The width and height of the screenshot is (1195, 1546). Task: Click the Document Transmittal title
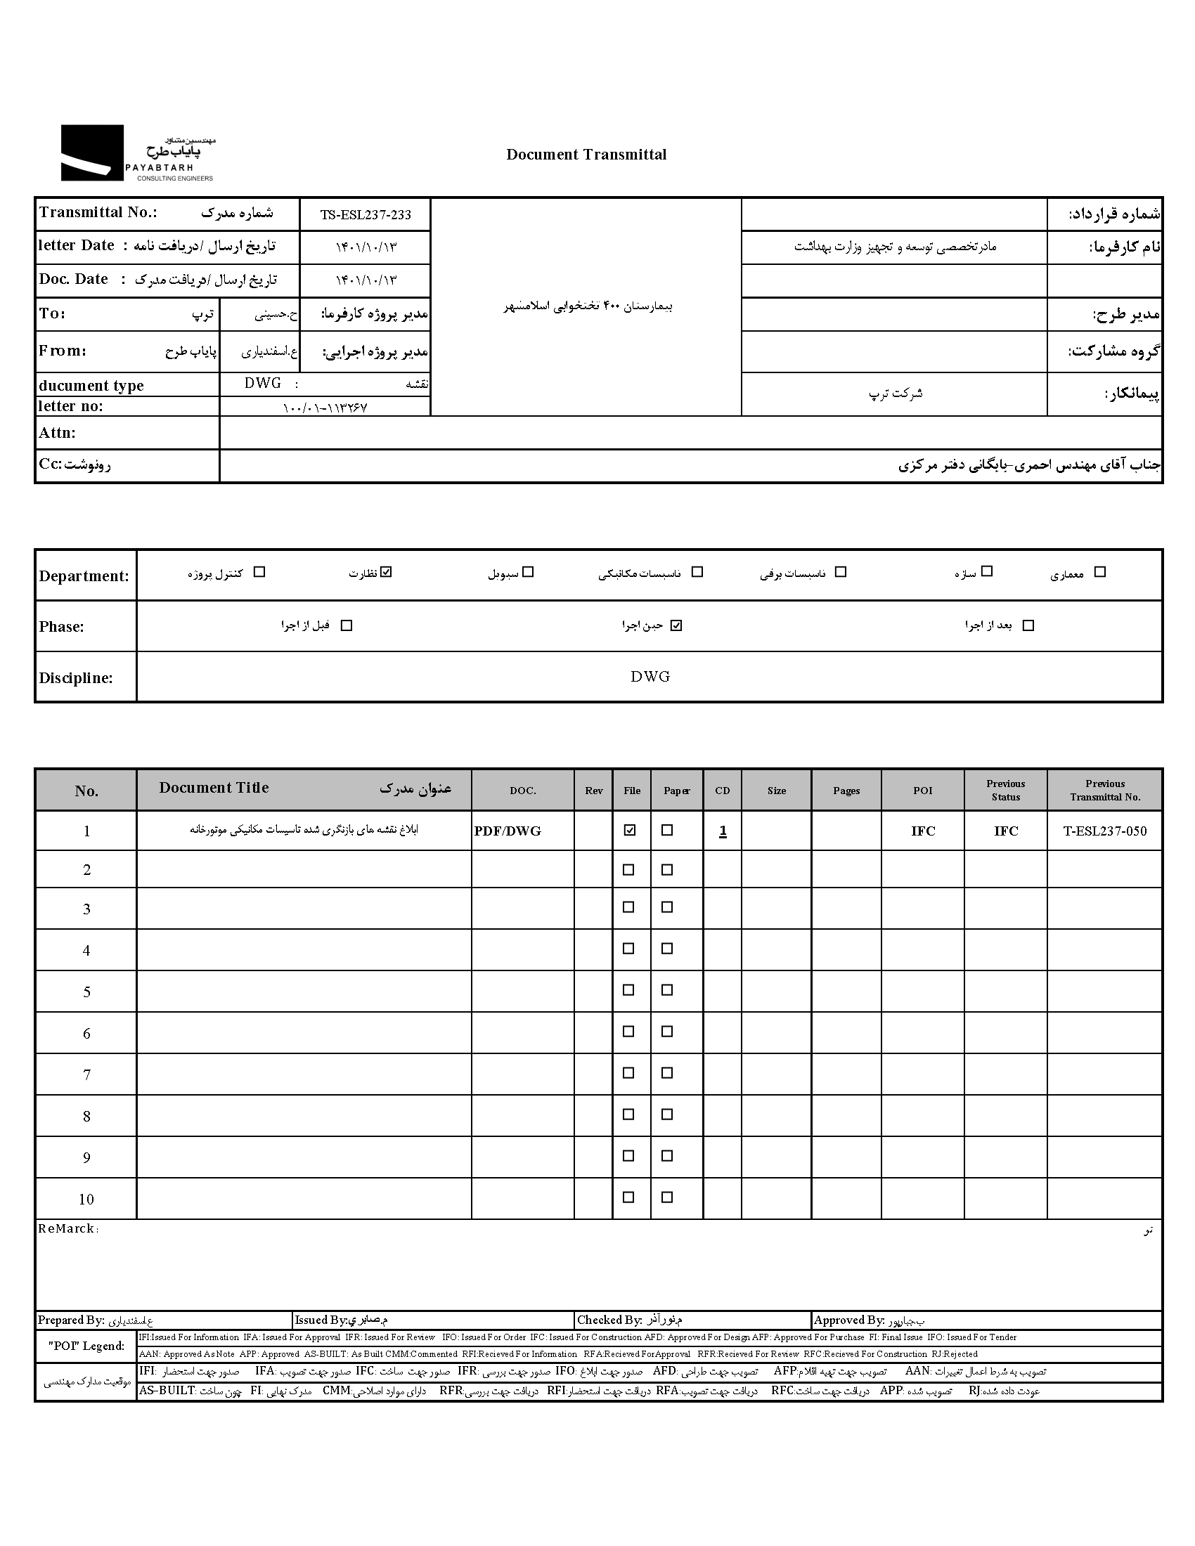[x=586, y=155]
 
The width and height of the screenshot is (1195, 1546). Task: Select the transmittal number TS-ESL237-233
[x=366, y=214]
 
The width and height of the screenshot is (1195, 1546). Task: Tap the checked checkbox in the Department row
[x=386, y=572]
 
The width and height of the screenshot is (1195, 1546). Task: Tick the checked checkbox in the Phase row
[x=676, y=625]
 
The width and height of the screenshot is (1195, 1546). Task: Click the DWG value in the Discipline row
[x=650, y=676]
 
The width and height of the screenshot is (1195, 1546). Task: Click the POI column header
[x=922, y=790]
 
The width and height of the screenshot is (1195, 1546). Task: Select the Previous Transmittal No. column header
[x=1104, y=790]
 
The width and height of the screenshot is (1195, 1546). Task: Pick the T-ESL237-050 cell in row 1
[x=1104, y=831]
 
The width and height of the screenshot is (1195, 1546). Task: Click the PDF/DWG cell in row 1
[x=508, y=831]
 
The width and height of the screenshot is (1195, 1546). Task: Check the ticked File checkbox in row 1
[x=629, y=831]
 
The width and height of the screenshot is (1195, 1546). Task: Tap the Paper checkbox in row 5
[x=667, y=990]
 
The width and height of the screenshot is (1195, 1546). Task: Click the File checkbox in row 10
[x=628, y=1197]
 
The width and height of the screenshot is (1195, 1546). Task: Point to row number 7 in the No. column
[x=86, y=1074]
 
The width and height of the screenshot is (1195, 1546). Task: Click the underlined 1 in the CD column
[x=723, y=831]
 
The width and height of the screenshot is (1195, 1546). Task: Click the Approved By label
[x=849, y=1320]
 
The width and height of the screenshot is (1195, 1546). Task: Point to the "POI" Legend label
[x=86, y=1346]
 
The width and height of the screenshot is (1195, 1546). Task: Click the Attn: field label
[x=58, y=432]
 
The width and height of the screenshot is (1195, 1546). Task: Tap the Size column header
[x=777, y=790]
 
